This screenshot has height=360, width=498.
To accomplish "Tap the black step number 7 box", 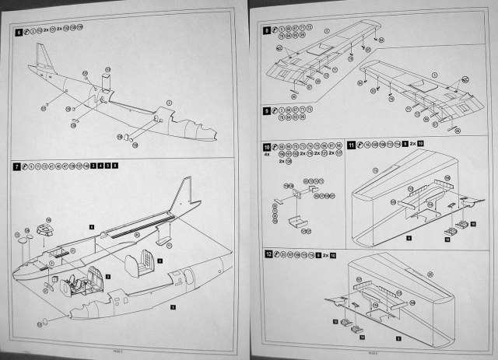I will pyautogui.click(x=19, y=166).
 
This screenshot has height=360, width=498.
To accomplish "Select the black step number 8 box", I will pyautogui.click(x=267, y=31).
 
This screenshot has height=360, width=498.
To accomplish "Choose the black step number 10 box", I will pyautogui.click(x=267, y=145).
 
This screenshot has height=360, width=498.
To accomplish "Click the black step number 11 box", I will pyautogui.click(x=352, y=145).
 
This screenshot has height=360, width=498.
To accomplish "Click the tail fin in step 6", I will pyautogui.click(x=42, y=58).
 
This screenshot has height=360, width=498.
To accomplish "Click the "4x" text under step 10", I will pyautogui.click(x=267, y=154).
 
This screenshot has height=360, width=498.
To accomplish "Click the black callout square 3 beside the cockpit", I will pyautogui.click(x=107, y=275).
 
